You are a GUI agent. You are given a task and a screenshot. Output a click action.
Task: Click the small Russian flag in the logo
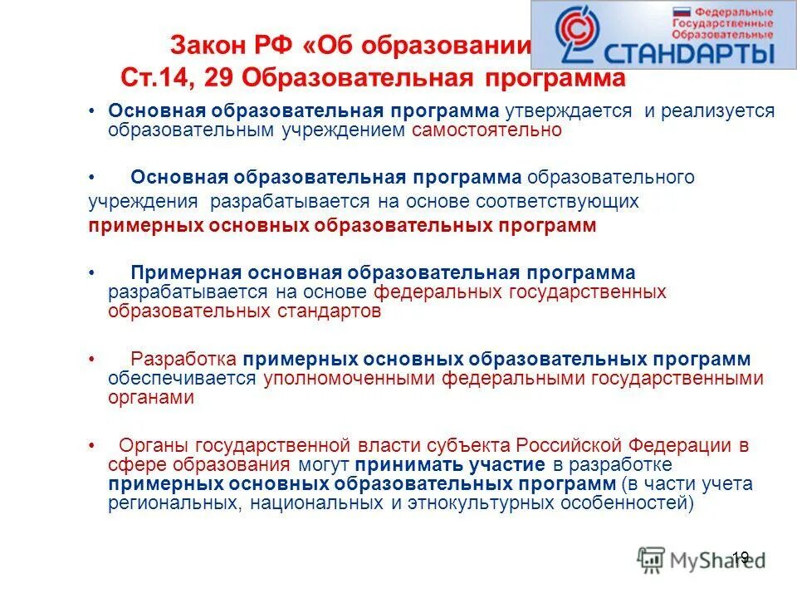click(682, 13)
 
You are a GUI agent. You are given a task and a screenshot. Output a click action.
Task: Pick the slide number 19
click(741, 557)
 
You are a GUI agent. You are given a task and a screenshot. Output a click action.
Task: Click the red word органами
click(150, 398)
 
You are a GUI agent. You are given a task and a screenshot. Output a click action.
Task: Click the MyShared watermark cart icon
click(652, 558)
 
